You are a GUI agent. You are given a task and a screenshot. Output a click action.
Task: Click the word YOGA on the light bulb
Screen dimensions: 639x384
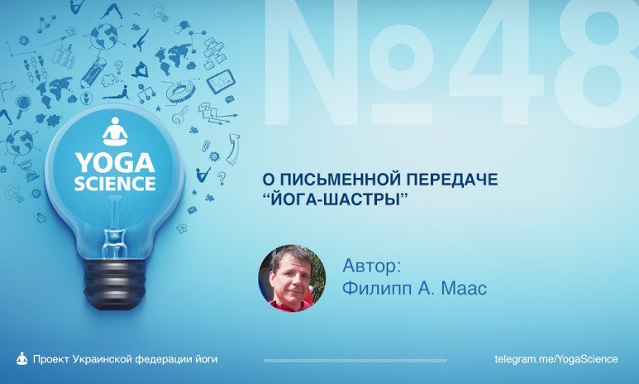pyautogui.click(x=115, y=163)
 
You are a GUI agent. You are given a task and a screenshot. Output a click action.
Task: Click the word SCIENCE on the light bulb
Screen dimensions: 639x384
pyautogui.click(x=115, y=184)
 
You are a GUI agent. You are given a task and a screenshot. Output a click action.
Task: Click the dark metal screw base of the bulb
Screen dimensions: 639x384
pyautogui.click(x=115, y=285)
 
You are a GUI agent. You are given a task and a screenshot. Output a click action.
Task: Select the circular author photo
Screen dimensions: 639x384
pyautogui.click(x=292, y=278)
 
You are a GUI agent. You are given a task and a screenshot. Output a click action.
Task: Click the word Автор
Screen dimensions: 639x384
pyautogui.click(x=371, y=266)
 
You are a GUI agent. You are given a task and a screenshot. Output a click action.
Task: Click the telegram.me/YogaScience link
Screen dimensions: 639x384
pyautogui.click(x=556, y=359)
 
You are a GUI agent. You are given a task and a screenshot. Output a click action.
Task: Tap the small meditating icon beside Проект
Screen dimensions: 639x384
pyautogui.click(x=21, y=358)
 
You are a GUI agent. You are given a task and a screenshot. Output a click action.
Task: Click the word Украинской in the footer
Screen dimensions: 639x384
pyautogui.click(x=102, y=359)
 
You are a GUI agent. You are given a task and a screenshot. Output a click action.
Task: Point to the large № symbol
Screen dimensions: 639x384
pyautogui.click(x=354, y=65)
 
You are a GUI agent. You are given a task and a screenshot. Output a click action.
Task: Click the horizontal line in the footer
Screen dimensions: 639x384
pyautogui.click(x=355, y=360)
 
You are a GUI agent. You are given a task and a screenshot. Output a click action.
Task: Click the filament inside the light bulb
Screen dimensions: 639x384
pyautogui.click(x=116, y=216)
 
